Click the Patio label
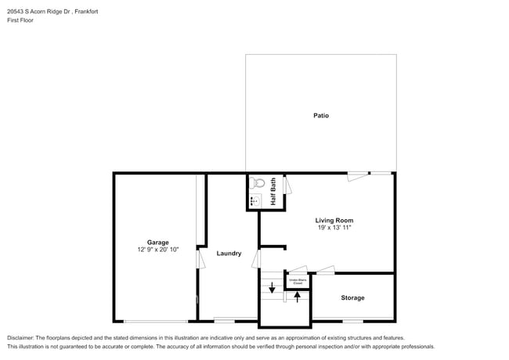[321, 116]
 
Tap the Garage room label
[157, 243]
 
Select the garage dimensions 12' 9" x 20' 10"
[157, 250]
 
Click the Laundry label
[229, 254]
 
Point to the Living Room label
[334, 221]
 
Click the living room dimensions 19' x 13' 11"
[334, 229]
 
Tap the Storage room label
[352, 298]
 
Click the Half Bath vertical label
[273, 193]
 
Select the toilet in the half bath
[257, 184]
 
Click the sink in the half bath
[254, 202]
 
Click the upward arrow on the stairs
[297, 297]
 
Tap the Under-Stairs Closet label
[297, 280]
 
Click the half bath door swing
[287, 185]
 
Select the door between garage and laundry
[200, 258]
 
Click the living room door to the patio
[358, 176]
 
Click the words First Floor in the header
[21, 20]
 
